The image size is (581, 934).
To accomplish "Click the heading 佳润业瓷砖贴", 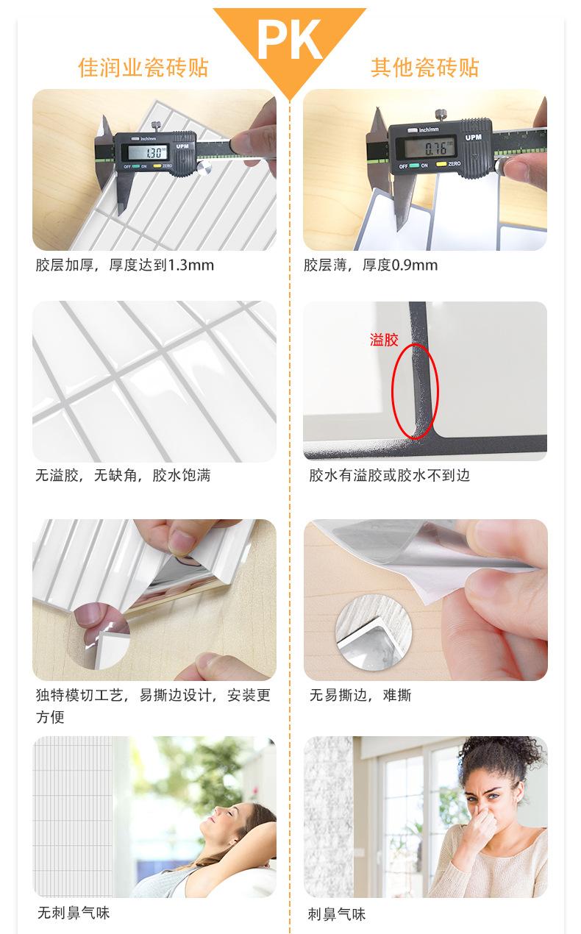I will click(143, 68).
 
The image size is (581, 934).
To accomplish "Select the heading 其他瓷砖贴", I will click(424, 68).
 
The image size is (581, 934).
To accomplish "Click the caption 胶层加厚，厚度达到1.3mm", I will click(125, 265).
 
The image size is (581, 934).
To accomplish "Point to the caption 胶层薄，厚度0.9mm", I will click(371, 265).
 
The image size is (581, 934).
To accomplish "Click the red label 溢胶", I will click(383, 340).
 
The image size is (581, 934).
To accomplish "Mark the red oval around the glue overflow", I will click(414, 391).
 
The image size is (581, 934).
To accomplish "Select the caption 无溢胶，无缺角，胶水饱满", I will click(123, 476).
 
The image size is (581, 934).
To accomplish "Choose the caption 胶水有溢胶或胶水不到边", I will click(389, 476).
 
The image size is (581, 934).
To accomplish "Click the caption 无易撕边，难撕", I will click(360, 695).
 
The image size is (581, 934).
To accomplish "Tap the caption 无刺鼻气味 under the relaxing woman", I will click(74, 913).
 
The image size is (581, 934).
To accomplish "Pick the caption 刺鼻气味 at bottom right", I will click(337, 914).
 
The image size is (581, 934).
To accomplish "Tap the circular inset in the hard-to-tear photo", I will click(366, 631).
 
